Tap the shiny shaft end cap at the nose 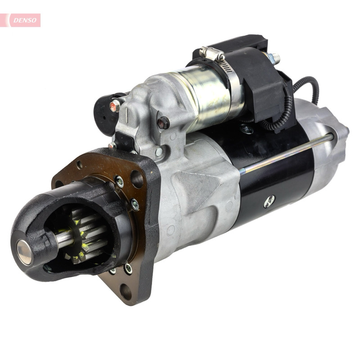coord(24,252)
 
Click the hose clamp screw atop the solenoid coord(211,53)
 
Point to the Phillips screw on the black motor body coord(269,201)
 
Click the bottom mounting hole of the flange coord(126,291)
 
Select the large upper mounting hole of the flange coord(137,179)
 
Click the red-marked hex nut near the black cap coord(115,106)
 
